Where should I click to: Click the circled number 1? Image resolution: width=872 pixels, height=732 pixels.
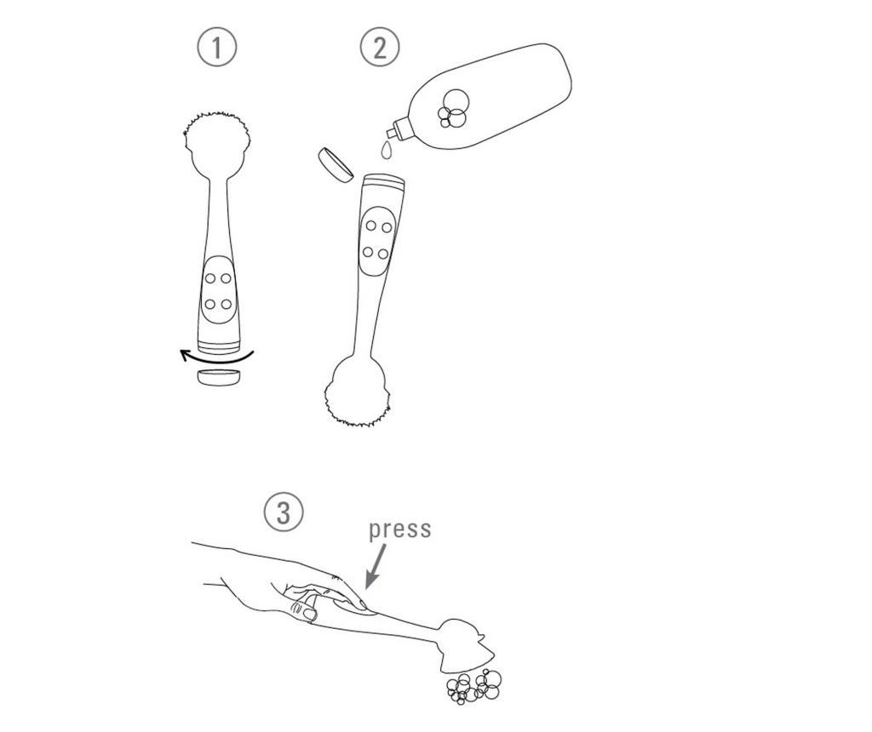coord(217,48)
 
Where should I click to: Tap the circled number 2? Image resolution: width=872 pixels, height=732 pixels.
coord(380,48)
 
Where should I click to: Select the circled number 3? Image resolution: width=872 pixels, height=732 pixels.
coord(284,512)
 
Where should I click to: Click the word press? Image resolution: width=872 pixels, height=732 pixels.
coord(400,529)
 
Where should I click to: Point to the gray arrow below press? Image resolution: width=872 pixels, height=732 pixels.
coord(376,565)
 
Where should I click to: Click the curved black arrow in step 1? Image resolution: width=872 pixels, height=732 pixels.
coord(217,357)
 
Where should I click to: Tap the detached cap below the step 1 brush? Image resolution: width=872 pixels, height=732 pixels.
coord(220,377)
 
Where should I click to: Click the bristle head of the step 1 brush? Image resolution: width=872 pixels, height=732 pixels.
coord(217,140)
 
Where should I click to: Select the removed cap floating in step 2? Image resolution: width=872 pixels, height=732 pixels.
coord(336,164)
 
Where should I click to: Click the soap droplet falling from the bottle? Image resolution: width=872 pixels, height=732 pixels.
coord(386,150)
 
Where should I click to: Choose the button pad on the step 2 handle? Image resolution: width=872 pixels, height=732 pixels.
coord(376,241)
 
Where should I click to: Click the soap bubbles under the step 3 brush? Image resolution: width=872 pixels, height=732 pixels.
coord(473,687)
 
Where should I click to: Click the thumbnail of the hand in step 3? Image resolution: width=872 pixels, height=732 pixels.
coord(310,613)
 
